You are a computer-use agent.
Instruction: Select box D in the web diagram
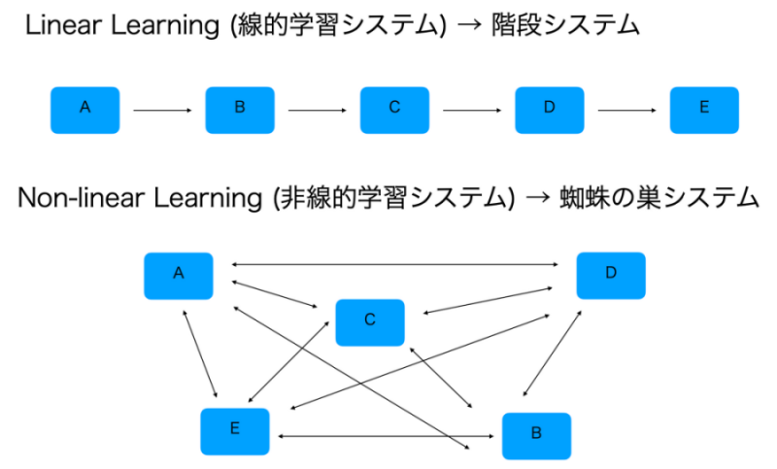(x=611, y=275)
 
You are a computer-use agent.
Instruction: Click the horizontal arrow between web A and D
(x=394, y=264)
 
